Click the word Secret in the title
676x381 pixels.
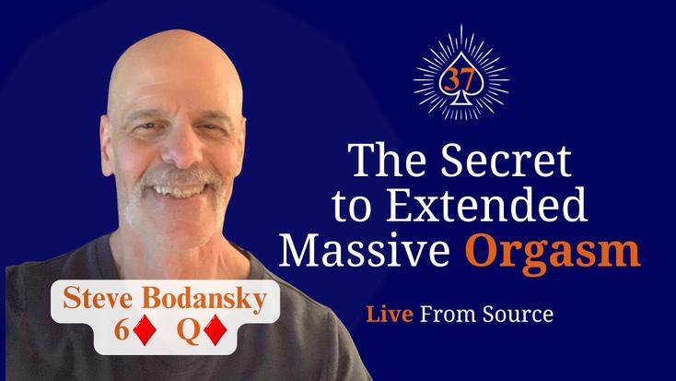pos(506,161)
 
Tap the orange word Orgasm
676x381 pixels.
pos(553,252)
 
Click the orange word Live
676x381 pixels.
pos(390,314)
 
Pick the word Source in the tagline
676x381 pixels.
pos(518,314)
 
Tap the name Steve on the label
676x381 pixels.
pos(98,298)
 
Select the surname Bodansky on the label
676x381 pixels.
pos(204,299)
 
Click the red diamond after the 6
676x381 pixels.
pos(145,331)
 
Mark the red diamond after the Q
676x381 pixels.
pos(216,331)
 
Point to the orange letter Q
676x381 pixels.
pos(188,332)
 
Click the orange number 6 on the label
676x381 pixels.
pos(122,331)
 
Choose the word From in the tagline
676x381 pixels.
pos(448,314)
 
